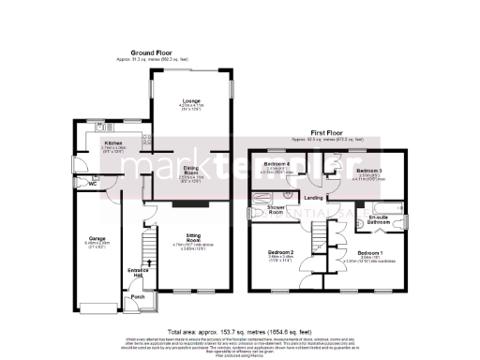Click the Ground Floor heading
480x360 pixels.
(156, 52)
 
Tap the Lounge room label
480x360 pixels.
(190, 104)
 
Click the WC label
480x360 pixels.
(94, 184)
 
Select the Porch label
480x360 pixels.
(139, 297)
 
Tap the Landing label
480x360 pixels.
(313, 198)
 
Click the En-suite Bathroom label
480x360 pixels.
(380, 220)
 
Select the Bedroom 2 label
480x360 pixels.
(282, 253)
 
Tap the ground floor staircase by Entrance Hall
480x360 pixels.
(143, 248)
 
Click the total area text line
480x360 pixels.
(239, 332)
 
